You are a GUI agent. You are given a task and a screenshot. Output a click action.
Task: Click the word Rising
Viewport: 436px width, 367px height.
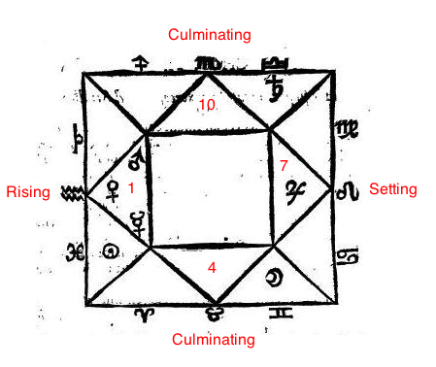click(x=27, y=192)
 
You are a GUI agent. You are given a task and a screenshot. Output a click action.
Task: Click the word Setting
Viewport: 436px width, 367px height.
click(x=392, y=189)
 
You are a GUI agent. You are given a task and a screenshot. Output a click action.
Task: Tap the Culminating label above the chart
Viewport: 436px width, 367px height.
click(x=209, y=35)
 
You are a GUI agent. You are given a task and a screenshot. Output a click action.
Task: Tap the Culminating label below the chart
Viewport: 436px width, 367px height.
click(x=213, y=340)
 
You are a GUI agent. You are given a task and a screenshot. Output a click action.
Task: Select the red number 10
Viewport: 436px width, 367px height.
click(x=207, y=104)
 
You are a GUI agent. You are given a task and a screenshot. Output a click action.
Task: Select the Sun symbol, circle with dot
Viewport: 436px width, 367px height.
click(x=114, y=252)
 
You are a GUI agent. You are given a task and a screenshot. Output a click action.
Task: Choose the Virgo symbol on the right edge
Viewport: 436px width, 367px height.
click(x=346, y=129)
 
